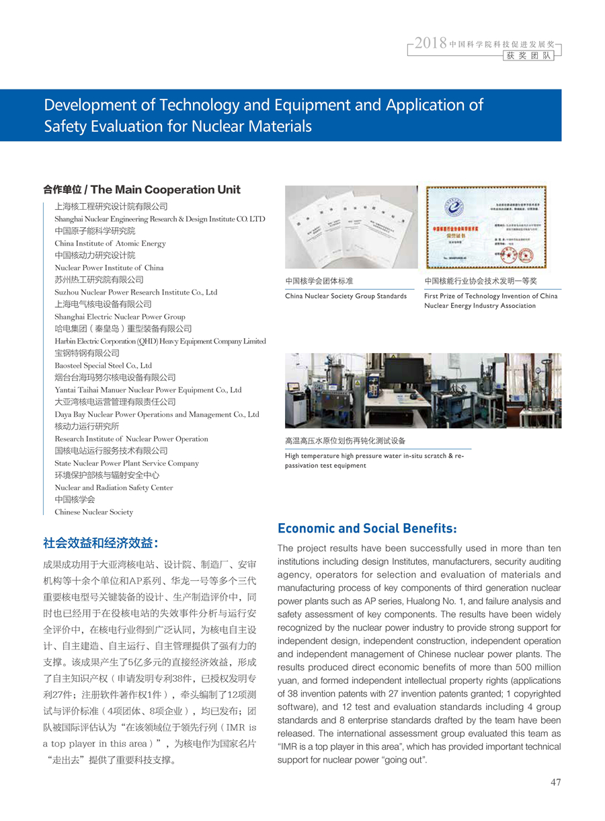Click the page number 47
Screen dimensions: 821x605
[555, 782]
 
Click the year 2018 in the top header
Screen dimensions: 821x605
[431, 44]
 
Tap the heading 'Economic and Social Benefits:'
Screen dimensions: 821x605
[368, 528]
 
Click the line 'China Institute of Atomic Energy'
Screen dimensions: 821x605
[110, 243]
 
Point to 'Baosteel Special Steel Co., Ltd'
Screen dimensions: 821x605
[104, 365]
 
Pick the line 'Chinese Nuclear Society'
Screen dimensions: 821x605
[94, 512]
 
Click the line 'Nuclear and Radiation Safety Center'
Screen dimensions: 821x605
[114, 487]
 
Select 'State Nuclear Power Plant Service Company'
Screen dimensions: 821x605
[126, 463]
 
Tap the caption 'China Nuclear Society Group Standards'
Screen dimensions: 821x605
[346, 296]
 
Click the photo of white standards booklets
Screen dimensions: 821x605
[351, 227]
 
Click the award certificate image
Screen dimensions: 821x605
[485, 227]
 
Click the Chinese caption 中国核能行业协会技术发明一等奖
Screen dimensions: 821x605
[481, 281]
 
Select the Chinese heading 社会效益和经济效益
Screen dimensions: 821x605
[101, 542]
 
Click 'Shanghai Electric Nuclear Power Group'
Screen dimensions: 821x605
[120, 317]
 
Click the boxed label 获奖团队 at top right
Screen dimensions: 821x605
[530, 56]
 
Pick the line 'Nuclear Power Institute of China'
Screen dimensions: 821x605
[109, 268]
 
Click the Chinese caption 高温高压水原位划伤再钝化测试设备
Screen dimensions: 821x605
[346, 441]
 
